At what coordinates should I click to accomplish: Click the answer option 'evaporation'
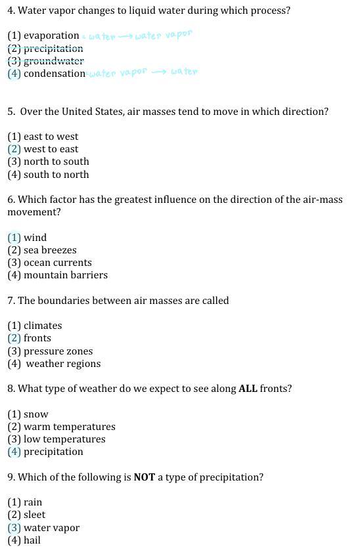click(51, 36)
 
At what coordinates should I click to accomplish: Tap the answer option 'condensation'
click(55, 74)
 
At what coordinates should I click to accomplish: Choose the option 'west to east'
click(51, 149)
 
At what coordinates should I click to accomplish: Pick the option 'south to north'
click(56, 175)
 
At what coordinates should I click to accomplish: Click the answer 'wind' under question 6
click(35, 238)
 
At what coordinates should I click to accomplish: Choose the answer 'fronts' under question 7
click(37, 338)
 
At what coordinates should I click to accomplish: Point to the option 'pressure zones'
click(58, 351)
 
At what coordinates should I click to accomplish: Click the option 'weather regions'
click(63, 364)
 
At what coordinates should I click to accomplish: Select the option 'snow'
click(35, 414)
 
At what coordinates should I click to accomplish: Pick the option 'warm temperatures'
click(69, 427)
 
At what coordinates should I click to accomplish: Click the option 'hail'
click(32, 540)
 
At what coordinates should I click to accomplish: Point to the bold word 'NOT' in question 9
click(144, 477)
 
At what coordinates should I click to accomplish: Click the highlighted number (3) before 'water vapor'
click(14, 528)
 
